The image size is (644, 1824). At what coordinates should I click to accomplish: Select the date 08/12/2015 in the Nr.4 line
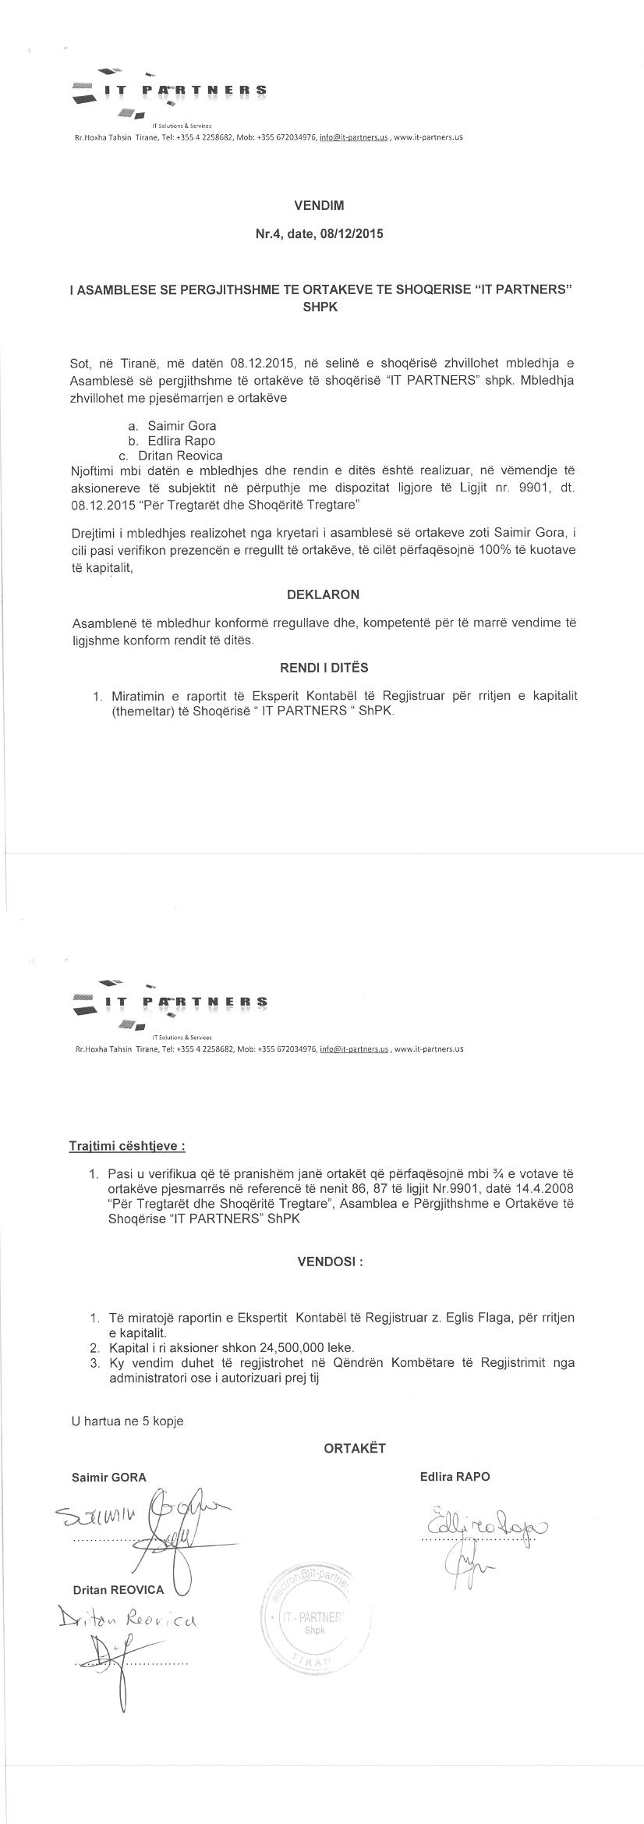point(351,233)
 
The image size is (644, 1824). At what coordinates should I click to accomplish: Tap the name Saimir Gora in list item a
point(182,426)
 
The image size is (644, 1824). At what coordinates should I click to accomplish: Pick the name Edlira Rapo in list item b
point(182,441)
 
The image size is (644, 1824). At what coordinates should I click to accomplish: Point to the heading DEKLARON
point(323,594)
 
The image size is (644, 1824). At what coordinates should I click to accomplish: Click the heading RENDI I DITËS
point(324,668)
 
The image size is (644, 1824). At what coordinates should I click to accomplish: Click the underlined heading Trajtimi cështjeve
point(128,1146)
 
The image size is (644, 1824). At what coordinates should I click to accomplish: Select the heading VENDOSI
point(330,1262)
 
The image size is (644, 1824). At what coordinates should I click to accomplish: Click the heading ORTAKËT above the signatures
point(355,1448)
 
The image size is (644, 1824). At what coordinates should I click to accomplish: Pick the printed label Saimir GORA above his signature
point(108,1476)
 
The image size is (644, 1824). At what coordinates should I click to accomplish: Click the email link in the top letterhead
point(354,137)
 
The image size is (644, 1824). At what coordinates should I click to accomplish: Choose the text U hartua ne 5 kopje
point(127,1421)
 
